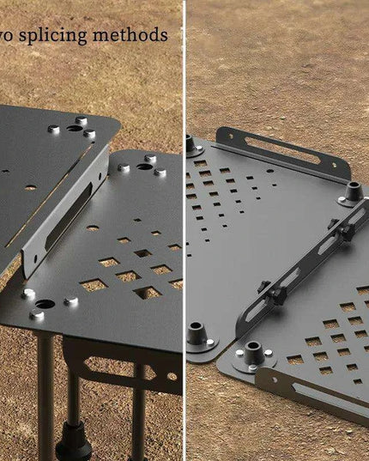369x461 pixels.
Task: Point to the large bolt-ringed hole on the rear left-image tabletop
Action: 74,129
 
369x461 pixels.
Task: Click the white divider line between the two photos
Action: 184,230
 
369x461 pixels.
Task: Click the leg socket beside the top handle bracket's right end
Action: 352,191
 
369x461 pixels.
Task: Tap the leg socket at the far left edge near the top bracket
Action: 190,143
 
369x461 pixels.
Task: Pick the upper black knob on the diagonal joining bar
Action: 345,231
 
